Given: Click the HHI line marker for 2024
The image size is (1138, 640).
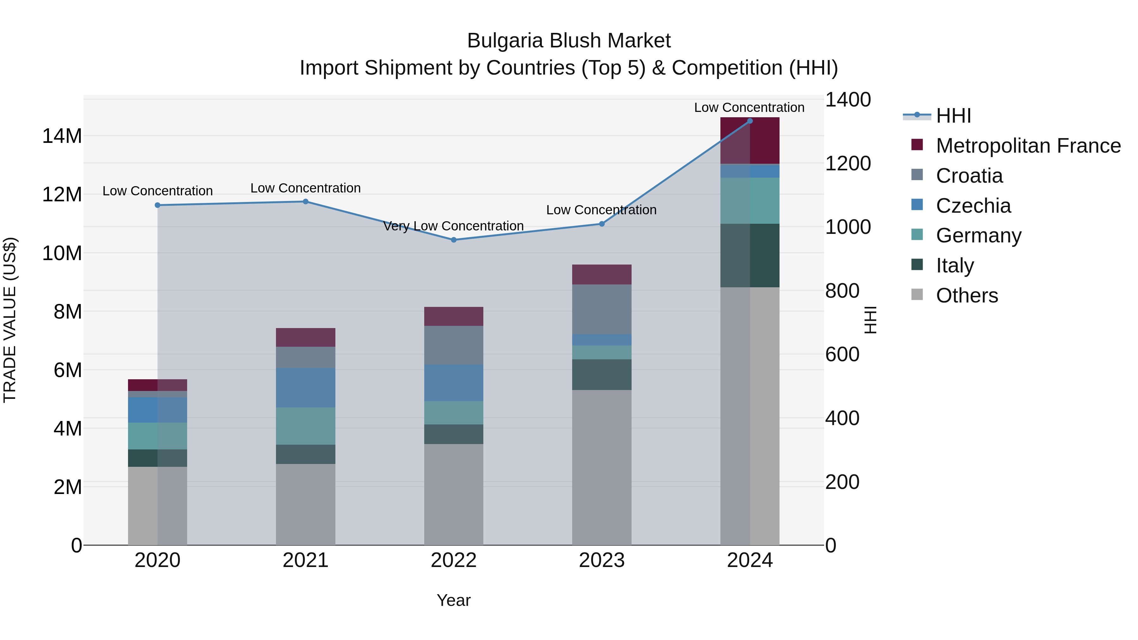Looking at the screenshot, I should point(750,121).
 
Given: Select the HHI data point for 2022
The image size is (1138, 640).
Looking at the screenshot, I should point(454,240).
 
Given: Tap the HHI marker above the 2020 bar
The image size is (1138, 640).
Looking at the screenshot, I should point(158,205).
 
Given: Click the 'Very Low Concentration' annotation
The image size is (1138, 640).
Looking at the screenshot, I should point(453,226).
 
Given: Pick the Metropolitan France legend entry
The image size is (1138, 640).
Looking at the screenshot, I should point(1028,146).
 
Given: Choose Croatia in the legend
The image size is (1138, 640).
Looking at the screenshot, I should point(969,176).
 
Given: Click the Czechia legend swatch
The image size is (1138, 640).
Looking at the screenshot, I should point(917,205).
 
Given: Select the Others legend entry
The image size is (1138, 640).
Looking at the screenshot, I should point(967,296).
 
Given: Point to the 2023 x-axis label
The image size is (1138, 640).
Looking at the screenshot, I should point(602,560).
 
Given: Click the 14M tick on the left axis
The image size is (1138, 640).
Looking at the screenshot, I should point(62,136).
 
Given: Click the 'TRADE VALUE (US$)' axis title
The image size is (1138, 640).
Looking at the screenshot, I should point(10,320).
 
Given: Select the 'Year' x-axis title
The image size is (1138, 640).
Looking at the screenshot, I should point(454,600).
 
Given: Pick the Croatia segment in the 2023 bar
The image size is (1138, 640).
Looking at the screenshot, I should point(602,309).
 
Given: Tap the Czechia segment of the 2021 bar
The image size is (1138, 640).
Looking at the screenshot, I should point(306,388).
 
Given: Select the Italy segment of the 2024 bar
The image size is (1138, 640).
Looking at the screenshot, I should point(750,255).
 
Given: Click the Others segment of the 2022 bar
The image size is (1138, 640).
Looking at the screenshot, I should point(454,494).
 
